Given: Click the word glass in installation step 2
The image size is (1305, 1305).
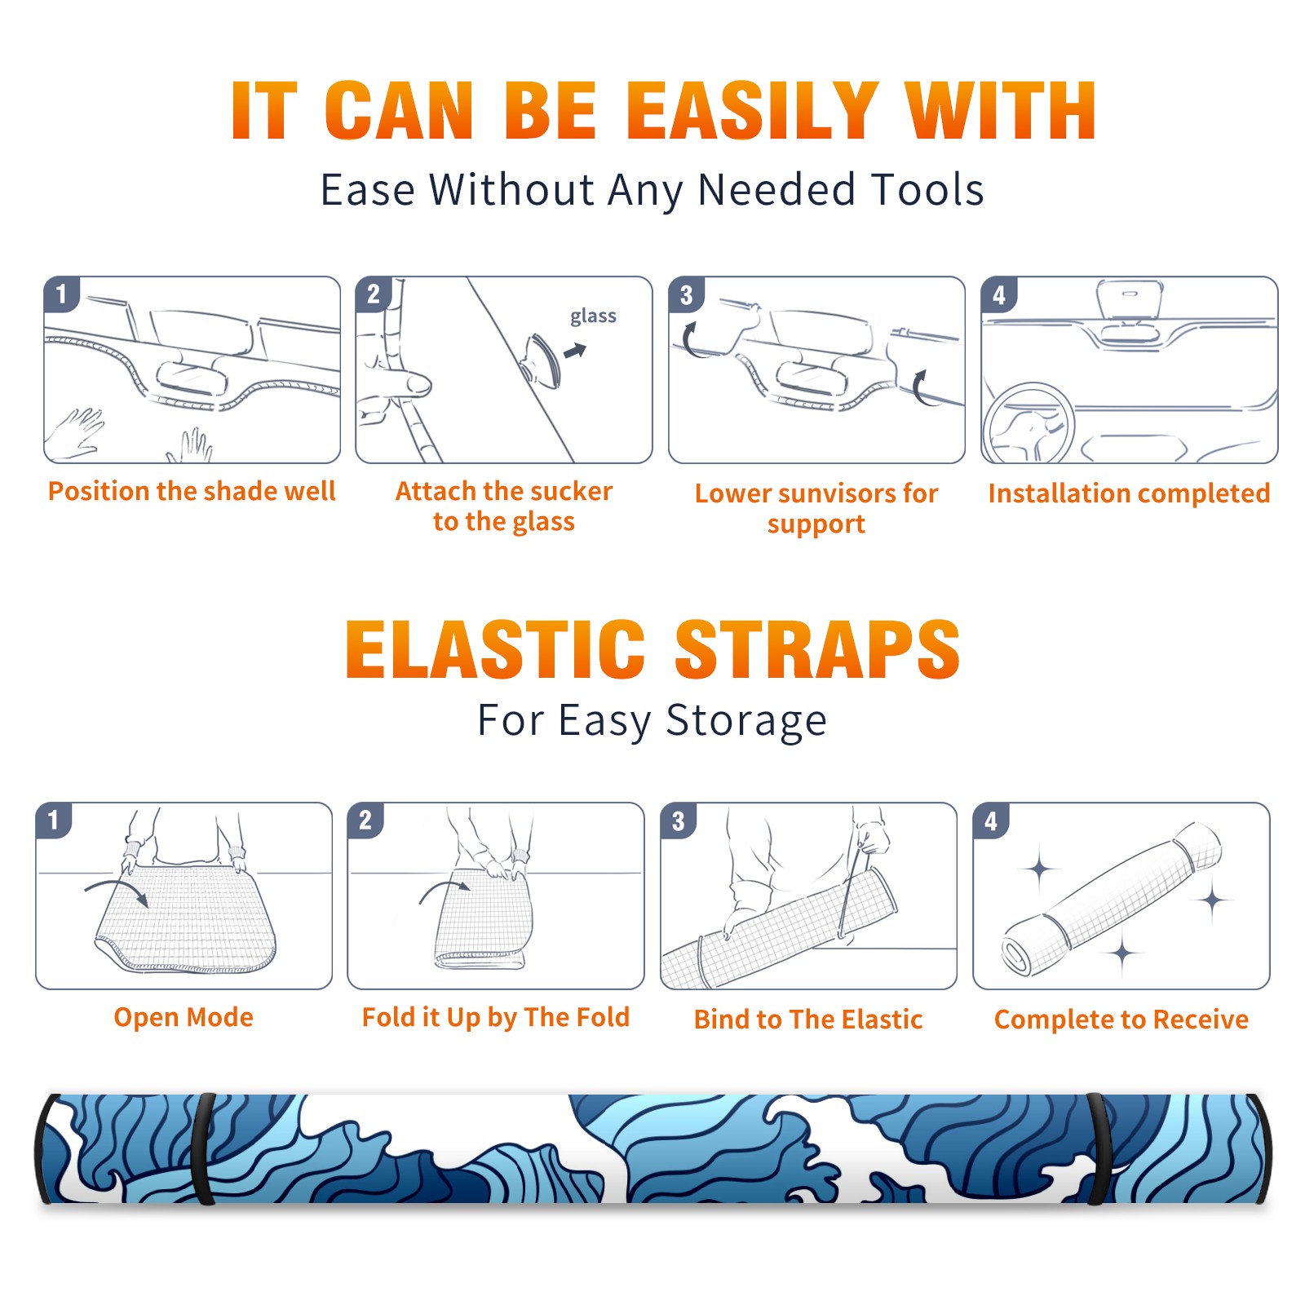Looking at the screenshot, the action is (x=593, y=316).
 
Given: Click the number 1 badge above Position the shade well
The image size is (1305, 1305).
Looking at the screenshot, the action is (x=62, y=294).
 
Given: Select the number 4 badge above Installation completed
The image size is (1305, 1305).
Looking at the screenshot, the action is (x=999, y=294).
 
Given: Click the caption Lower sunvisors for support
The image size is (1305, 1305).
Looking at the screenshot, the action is (x=816, y=508).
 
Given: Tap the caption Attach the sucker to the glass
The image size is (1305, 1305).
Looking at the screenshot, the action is (x=504, y=506).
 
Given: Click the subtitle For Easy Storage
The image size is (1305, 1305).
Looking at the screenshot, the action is (x=652, y=721).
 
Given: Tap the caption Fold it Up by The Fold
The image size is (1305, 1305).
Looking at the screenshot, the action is (x=496, y=1017).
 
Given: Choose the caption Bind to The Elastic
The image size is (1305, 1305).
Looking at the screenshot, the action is (x=808, y=1020).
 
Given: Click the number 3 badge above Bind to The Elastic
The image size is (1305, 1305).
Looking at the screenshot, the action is (x=679, y=821).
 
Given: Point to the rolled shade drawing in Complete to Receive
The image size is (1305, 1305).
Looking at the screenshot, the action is (x=1113, y=899).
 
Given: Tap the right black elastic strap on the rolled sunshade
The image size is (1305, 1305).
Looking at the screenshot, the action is (x=1096, y=1149).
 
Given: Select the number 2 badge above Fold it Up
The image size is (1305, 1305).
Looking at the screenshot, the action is (x=365, y=821).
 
